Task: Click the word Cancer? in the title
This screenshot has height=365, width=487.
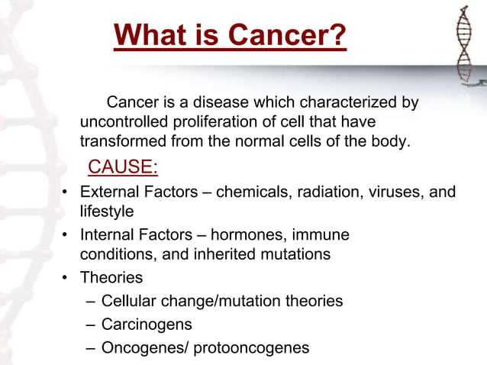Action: (289, 35)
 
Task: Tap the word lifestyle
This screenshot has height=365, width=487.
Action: (107, 210)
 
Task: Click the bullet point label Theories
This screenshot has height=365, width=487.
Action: (111, 278)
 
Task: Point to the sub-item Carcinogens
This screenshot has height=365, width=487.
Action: (147, 325)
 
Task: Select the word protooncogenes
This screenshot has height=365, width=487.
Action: (251, 348)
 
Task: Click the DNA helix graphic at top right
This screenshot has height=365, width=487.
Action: (463, 46)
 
